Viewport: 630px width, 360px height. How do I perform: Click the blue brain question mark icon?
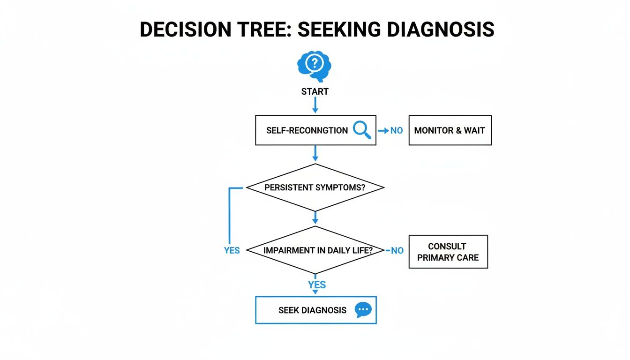pyautogui.click(x=315, y=66)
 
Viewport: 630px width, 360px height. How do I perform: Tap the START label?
pyautogui.click(x=315, y=91)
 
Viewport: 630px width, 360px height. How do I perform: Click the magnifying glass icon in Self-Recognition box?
pyautogui.click(x=361, y=129)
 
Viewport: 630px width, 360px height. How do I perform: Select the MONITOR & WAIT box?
pyautogui.click(x=450, y=130)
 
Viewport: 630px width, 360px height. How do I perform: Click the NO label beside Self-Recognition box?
pyautogui.click(x=397, y=130)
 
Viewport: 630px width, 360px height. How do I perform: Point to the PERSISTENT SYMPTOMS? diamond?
pyautogui.click(x=315, y=187)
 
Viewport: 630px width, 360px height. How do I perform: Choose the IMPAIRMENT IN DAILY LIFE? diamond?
pyautogui.click(x=315, y=250)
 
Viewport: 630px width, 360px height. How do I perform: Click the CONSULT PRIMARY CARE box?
pyautogui.click(x=448, y=252)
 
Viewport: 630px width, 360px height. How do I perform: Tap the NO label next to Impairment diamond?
pyautogui.click(x=397, y=251)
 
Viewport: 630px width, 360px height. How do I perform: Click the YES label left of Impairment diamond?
pyautogui.click(x=232, y=250)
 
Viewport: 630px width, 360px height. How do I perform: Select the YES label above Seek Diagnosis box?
pyautogui.click(x=317, y=285)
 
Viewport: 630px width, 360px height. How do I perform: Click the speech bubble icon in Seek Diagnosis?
pyautogui.click(x=363, y=310)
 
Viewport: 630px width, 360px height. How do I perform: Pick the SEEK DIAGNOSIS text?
pyautogui.click(x=312, y=310)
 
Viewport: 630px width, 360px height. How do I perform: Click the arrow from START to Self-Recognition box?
pyautogui.click(x=315, y=105)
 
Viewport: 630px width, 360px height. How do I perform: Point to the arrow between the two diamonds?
pyautogui.click(x=315, y=217)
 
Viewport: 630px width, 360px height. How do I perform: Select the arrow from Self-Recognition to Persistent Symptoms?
pyautogui.click(x=315, y=154)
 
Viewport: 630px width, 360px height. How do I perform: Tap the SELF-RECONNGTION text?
pyautogui.click(x=307, y=130)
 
